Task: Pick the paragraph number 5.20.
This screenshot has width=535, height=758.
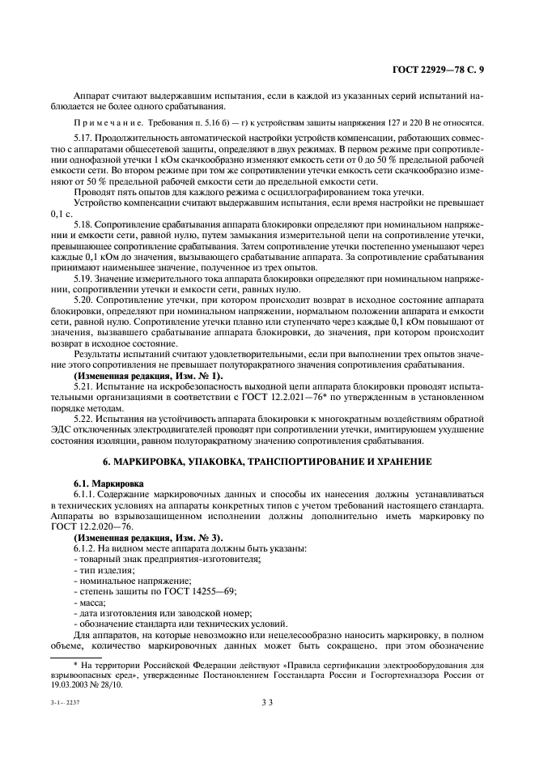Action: click(x=83, y=300)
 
